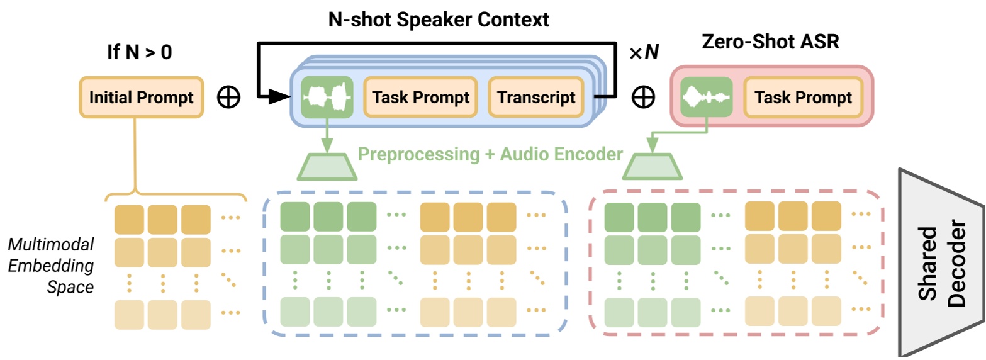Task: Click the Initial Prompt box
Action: tap(142, 98)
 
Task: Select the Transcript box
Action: tap(536, 98)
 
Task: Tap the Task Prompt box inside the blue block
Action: tap(421, 98)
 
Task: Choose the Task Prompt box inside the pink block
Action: tap(803, 98)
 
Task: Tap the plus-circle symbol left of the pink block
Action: tap(643, 98)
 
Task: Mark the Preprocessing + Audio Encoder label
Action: tap(490, 154)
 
